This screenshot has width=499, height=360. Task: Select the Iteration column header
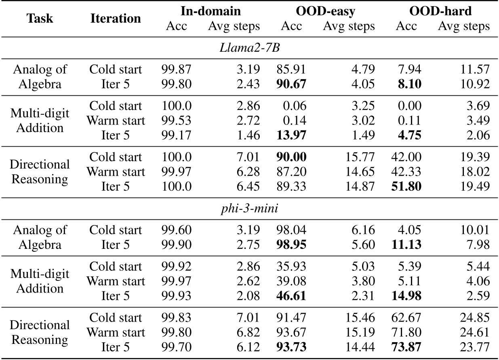[116, 19]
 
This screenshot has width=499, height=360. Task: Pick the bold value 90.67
[291, 84]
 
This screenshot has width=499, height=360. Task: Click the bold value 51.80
[406, 187]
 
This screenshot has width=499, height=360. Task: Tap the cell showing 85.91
[291, 69]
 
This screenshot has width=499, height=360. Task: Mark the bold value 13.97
[291, 136]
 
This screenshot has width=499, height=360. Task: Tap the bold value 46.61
[291, 297]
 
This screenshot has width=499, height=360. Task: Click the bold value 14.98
[406, 297]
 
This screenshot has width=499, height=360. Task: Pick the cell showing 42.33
[406, 172]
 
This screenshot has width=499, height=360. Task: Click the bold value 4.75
[408, 136]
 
